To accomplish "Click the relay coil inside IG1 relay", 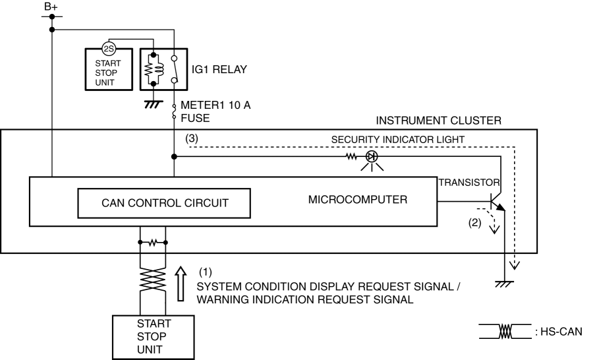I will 155,69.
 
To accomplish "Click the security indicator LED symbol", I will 372,158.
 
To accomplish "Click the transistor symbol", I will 497,200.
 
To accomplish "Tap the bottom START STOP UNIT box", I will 154,336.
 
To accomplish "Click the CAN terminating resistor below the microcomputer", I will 154,242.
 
